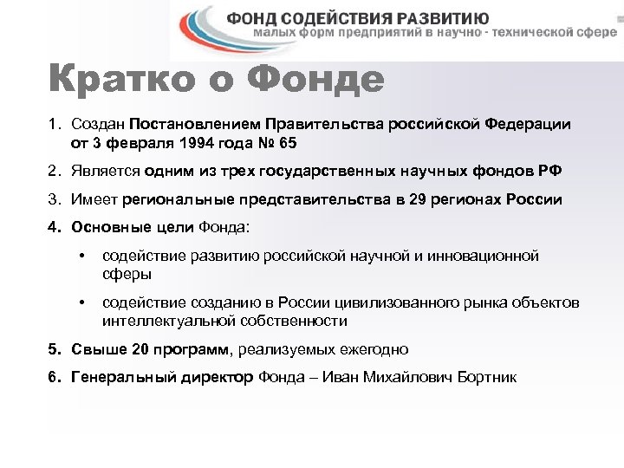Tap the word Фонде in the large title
(x=315, y=80)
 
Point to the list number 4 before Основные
(x=53, y=227)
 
